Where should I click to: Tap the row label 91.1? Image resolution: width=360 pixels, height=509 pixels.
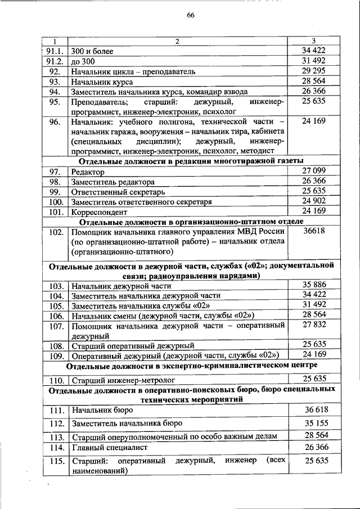click(55, 51)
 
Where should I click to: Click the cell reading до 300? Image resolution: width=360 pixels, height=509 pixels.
click(84, 61)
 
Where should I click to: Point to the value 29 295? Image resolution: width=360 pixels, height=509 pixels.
click(314, 71)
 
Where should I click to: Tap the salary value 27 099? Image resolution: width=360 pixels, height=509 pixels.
click(314, 170)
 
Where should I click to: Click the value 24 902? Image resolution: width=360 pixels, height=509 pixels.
click(314, 201)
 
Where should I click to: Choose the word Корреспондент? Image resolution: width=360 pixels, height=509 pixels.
click(100, 213)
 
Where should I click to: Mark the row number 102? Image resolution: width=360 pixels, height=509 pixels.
click(55, 233)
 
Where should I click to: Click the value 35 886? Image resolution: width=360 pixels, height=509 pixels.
click(314, 284)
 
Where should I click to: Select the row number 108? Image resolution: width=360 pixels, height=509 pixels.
click(55, 346)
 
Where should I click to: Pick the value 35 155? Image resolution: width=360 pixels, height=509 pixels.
click(314, 422)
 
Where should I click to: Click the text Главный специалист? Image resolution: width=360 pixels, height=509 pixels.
click(109, 448)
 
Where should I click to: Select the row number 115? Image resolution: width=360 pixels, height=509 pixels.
click(55, 462)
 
